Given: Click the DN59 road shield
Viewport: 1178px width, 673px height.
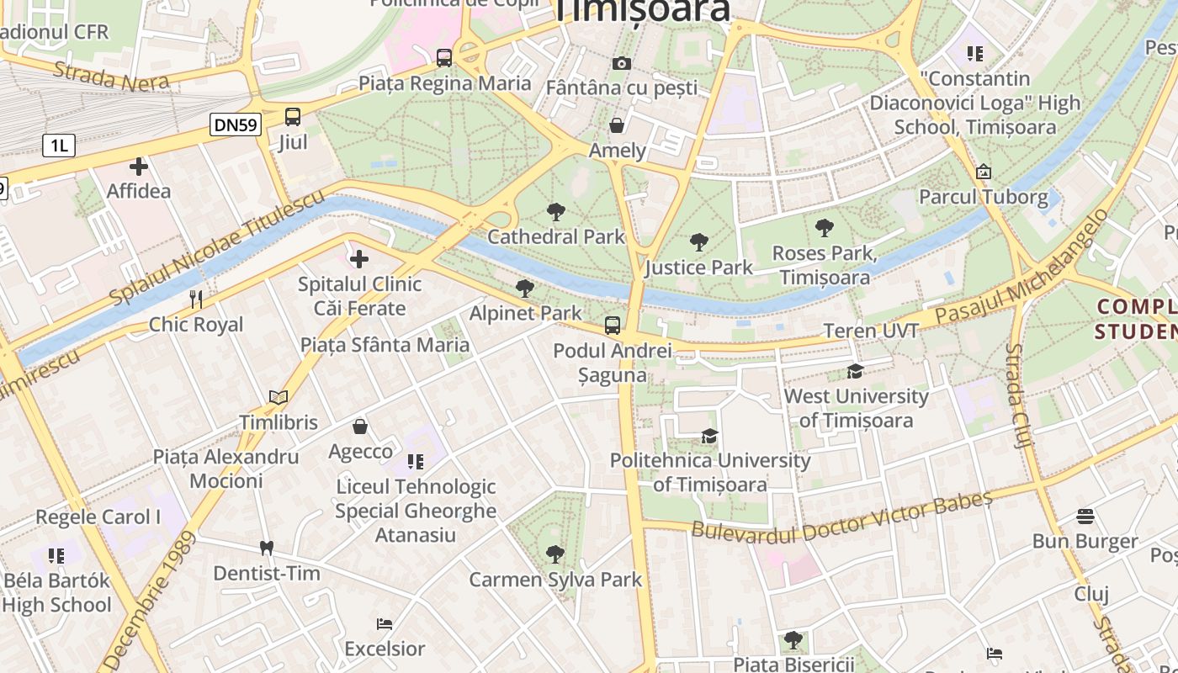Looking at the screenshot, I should (x=236, y=125).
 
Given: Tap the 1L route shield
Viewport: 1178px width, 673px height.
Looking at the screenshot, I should (x=58, y=146).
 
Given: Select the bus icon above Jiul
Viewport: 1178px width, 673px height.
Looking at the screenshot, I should (x=293, y=117).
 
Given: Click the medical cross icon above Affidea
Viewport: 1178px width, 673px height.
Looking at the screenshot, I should (x=139, y=167).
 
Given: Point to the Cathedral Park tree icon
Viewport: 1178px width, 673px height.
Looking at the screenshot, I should (x=555, y=212).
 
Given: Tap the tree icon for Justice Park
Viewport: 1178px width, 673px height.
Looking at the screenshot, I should (x=698, y=243).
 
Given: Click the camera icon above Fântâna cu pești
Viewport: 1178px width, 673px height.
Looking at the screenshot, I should (x=622, y=63).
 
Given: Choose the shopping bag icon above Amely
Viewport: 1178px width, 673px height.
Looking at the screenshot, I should (x=617, y=126).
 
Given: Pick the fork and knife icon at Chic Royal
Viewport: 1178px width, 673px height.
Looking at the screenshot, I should (x=196, y=299).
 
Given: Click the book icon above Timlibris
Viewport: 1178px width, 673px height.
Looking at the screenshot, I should (x=278, y=397).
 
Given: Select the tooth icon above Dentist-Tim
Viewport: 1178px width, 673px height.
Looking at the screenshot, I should (x=267, y=548).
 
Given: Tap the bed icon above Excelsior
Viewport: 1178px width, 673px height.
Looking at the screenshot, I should (x=385, y=624).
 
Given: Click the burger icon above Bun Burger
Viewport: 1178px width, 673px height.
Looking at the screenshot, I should (x=1085, y=517).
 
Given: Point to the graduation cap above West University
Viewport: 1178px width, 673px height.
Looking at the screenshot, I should (x=856, y=371).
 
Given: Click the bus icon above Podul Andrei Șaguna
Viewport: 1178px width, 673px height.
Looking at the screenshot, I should (x=613, y=326).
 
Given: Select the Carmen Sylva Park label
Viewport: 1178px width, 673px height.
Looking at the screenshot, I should (x=555, y=580).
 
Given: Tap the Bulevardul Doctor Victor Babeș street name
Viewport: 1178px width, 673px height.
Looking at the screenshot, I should (x=841, y=517).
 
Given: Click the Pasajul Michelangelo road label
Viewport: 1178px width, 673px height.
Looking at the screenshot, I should (x=1022, y=268).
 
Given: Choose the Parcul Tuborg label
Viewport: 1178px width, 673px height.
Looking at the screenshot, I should (x=983, y=198).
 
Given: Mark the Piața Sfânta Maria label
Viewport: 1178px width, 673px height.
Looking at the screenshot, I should (x=385, y=345).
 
